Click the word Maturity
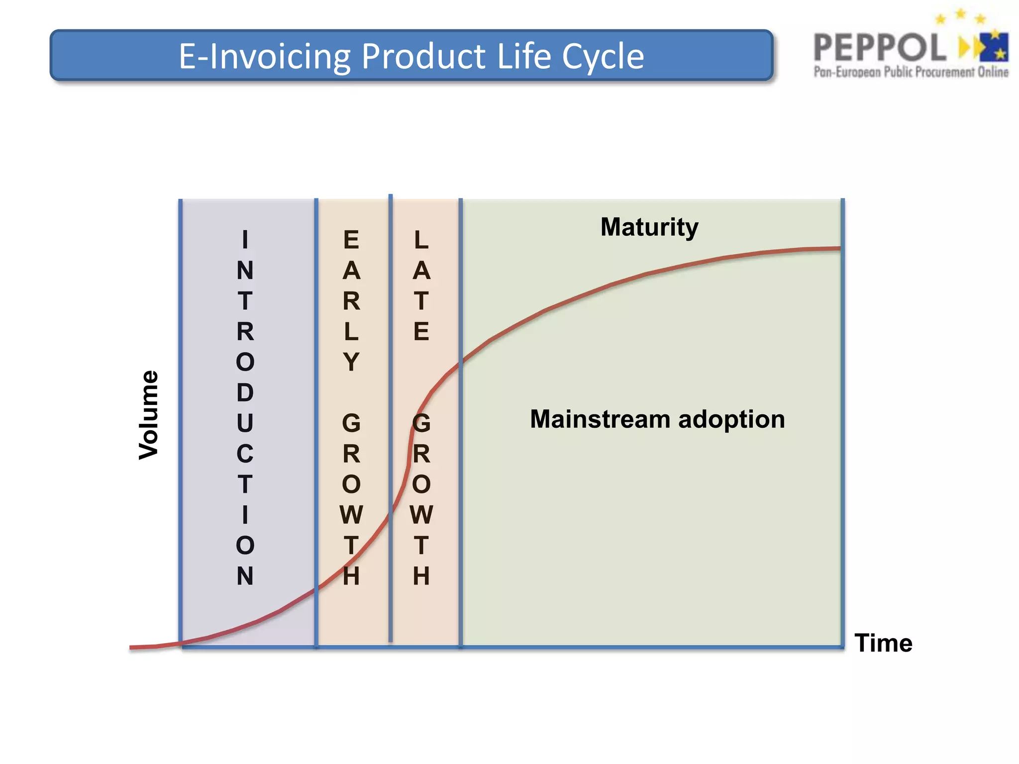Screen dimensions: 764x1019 click(x=649, y=227)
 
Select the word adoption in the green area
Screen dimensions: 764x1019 click(x=731, y=419)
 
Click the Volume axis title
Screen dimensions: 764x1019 click(x=148, y=415)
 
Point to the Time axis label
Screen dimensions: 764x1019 click(x=883, y=643)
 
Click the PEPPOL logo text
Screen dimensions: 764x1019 click(x=880, y=48)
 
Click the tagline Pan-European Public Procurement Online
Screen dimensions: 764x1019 click(x=911, y=72)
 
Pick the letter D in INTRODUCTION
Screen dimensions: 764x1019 click(x=245, y=392)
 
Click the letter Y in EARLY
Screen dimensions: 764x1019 click(x=351, y=362)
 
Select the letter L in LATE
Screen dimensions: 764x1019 click(x=421, y=240)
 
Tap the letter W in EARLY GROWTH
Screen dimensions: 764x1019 click(x=351, y=514)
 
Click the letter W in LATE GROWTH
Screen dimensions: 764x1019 click(x=421, y=514)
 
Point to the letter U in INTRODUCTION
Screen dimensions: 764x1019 click(x=245, y=423)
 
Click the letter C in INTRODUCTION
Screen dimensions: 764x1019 click(x=245, y=454)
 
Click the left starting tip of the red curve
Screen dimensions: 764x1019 click(x=131, y=647)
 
